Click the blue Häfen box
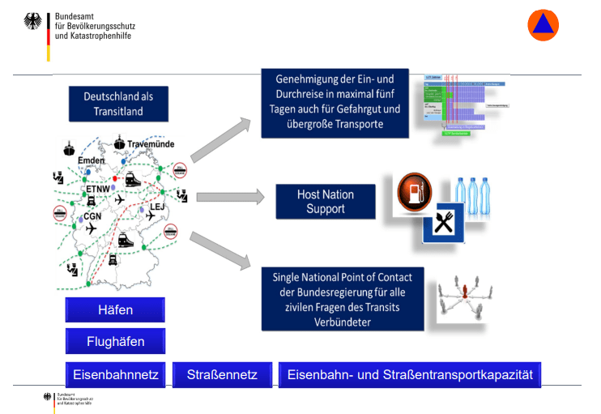click(x=115, y=310)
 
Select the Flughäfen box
click(x=115, y=341)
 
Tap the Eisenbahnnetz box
click(x=116, y=374)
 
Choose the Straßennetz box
click(x=222, y=374)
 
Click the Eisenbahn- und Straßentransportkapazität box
click(x=410, y=374)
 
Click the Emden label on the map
click(x=92, y=161)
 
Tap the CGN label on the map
click(x=92, y=216)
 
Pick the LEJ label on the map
click(x=157, y=207)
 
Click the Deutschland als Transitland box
click(x=118, y=103)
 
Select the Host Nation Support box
click(x=326, y=202)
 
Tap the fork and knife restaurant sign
click(x=443, y=224)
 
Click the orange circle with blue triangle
click(x=543, y=25)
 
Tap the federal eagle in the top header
click(x=36, y=23)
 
